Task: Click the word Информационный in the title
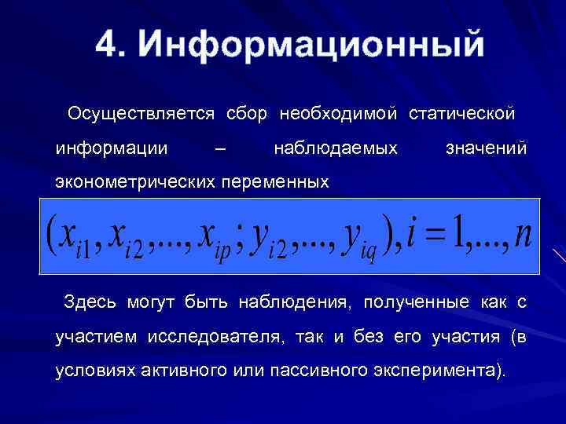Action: (x=311, y=45)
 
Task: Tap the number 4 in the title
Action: (x=107, y=44)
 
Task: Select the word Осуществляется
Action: (x=141, y=114)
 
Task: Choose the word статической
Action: (x=461, y=114)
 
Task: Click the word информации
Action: (x=112, y=148)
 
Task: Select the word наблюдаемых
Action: (x=336, y=148)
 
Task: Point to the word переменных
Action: (x=274, y=182)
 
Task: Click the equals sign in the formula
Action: (x=438, y=235)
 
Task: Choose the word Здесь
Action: (x=90, y=303)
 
